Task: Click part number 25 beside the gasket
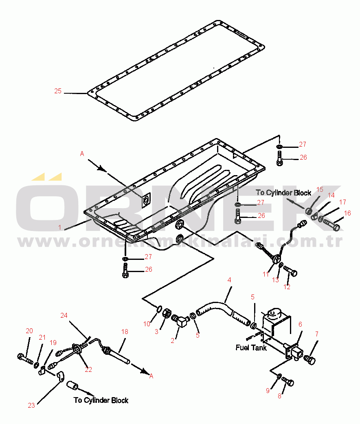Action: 58,91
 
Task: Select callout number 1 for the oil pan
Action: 60,227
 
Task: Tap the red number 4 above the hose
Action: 229,280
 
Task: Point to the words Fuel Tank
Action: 251,347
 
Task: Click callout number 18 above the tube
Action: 125,332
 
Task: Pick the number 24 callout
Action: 64,315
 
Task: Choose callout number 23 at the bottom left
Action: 31,405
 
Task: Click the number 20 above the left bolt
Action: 29,331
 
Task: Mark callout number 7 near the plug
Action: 317,334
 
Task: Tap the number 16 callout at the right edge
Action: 347,213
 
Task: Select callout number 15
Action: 320,189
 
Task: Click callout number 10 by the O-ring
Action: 147,324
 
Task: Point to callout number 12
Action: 287,287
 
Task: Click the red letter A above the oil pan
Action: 82,154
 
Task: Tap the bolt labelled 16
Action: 331,225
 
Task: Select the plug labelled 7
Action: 310,360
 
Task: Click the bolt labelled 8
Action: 288,381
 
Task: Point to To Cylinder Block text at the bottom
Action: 101,400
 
